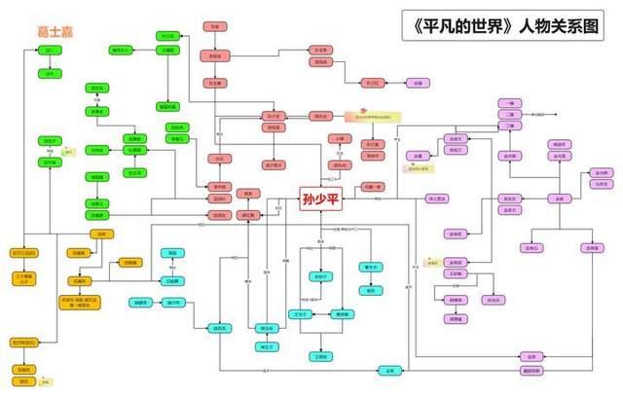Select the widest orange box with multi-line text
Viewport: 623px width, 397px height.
[x=86, y=303]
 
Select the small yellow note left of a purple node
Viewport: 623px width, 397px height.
[x=431, y=262]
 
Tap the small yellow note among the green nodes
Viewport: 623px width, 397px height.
[x=67, y=152]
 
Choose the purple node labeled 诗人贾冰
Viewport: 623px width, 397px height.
[x=438, y=199]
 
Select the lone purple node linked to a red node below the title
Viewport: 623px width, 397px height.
[x=419, y=84]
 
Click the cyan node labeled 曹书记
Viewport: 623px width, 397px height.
[x=370, y=267]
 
